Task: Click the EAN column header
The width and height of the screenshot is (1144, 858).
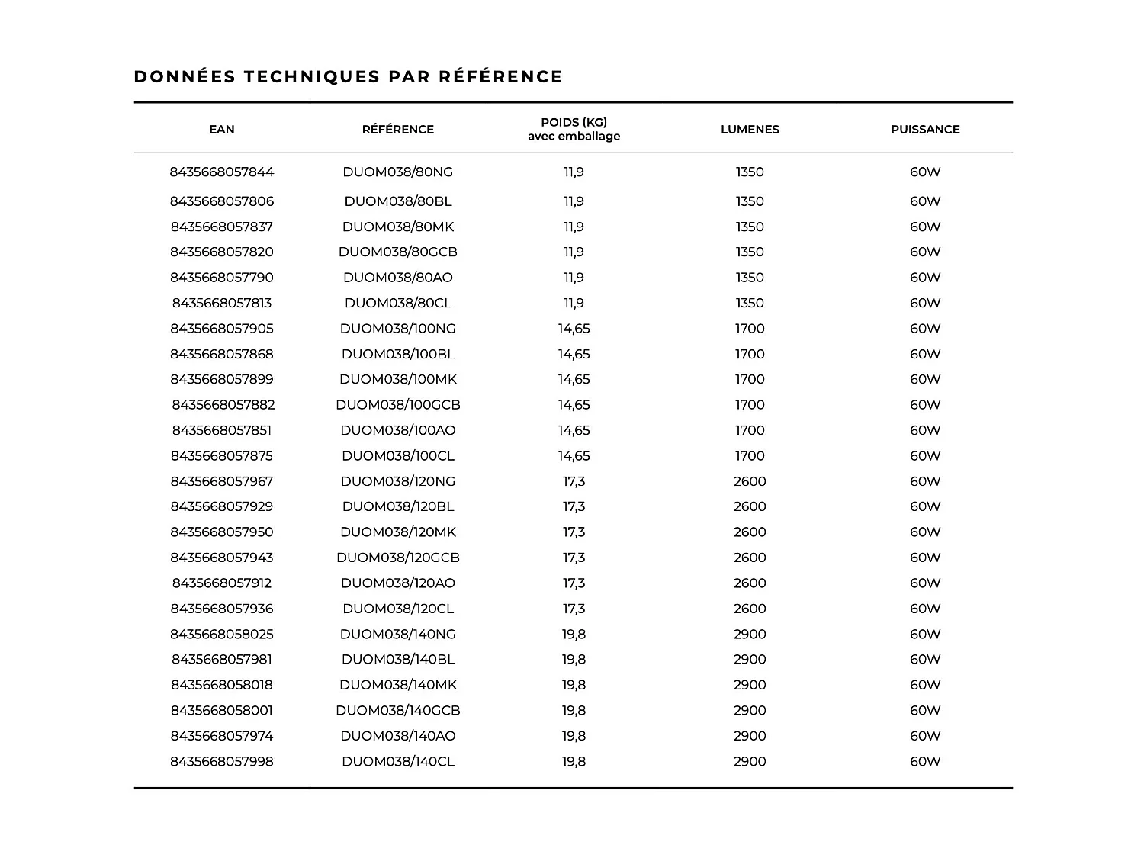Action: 222,130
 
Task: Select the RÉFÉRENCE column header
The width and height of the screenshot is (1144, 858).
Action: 397,130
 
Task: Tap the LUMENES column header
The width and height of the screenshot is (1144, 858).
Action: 750,130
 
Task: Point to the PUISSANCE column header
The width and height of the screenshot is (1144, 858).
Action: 925,130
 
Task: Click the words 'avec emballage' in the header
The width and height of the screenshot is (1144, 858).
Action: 574,137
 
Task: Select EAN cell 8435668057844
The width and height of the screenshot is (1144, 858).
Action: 222,172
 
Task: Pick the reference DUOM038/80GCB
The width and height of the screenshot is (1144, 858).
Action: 397,252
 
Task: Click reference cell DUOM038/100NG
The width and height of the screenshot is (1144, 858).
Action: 397,329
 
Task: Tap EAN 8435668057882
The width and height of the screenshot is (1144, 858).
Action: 223,405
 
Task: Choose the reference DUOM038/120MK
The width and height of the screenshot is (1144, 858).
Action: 397,532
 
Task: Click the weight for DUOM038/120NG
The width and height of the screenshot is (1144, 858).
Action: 574,481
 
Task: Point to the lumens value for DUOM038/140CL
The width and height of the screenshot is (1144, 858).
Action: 750,761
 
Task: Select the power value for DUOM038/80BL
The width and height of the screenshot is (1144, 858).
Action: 925,201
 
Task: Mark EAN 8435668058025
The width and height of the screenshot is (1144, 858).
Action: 222,635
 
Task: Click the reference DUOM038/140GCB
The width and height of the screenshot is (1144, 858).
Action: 397,711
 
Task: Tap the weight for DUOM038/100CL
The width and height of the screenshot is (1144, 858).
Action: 574,456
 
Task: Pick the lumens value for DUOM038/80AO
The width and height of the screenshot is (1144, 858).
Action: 750,278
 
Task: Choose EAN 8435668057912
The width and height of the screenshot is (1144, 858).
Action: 222,583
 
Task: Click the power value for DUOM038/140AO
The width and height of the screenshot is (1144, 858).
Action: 925,736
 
